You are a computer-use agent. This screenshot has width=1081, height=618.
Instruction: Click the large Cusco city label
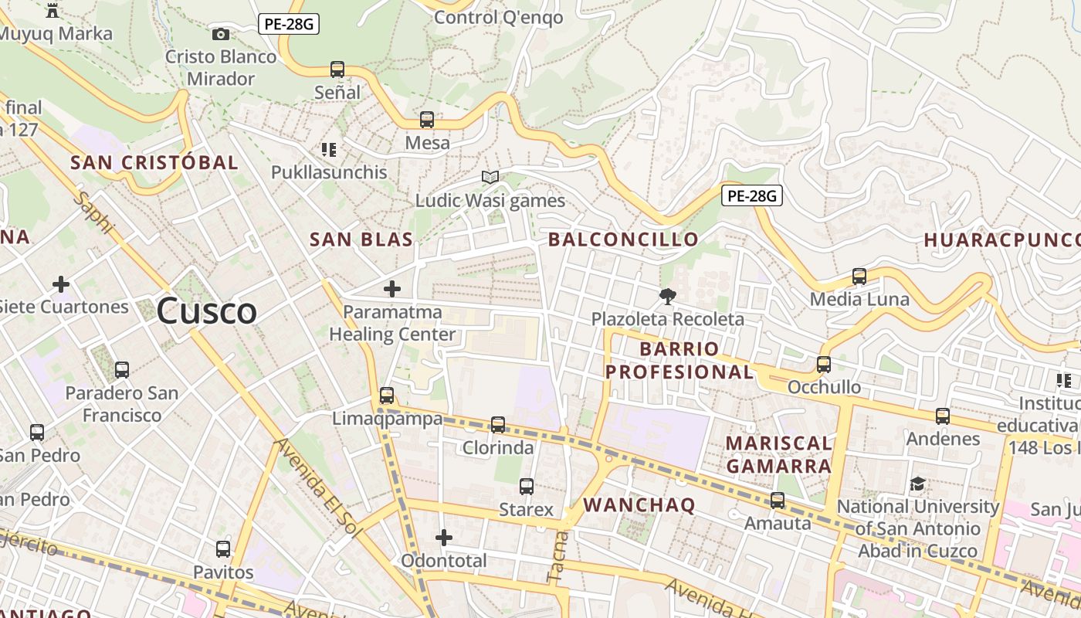(x=206, y=311)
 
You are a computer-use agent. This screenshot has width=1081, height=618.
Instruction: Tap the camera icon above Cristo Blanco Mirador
(x=220, y=34)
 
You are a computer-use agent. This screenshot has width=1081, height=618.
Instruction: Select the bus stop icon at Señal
(x=337, y=69)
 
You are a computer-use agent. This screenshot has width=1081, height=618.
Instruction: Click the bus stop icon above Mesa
(x=427, y=120)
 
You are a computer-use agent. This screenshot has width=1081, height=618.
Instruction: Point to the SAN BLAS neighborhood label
(x=361, y=239)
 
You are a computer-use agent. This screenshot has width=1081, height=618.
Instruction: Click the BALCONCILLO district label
(x=623, y=239)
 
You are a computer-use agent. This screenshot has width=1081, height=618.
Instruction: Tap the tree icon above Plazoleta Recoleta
(x=667, y=296)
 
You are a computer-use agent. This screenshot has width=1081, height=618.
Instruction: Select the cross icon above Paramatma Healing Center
(x=392, y=289)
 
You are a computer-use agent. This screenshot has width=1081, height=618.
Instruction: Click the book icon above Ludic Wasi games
(x=490, y=177)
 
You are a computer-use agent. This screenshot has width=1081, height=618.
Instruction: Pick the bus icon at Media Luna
(x=859, y=276)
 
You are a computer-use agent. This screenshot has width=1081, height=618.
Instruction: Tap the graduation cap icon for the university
(x=917, y=484)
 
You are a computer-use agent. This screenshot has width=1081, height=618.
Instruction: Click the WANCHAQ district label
(x=639, y=505)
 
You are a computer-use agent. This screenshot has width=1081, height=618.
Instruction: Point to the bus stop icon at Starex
(x=527, y=486)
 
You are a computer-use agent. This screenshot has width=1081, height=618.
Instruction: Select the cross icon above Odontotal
(x=444, y=537)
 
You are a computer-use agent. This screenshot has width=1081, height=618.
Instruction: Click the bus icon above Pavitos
(x=223, y=549)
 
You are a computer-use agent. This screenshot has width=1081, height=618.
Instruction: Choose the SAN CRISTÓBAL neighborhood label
(x=154, y=162)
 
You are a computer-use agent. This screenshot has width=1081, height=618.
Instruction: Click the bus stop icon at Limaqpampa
(x=387, y=396)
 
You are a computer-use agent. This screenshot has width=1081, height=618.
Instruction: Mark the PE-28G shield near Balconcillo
(x=752, y=195)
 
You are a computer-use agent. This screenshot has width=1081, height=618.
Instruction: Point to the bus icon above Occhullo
(x=824, y=364)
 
